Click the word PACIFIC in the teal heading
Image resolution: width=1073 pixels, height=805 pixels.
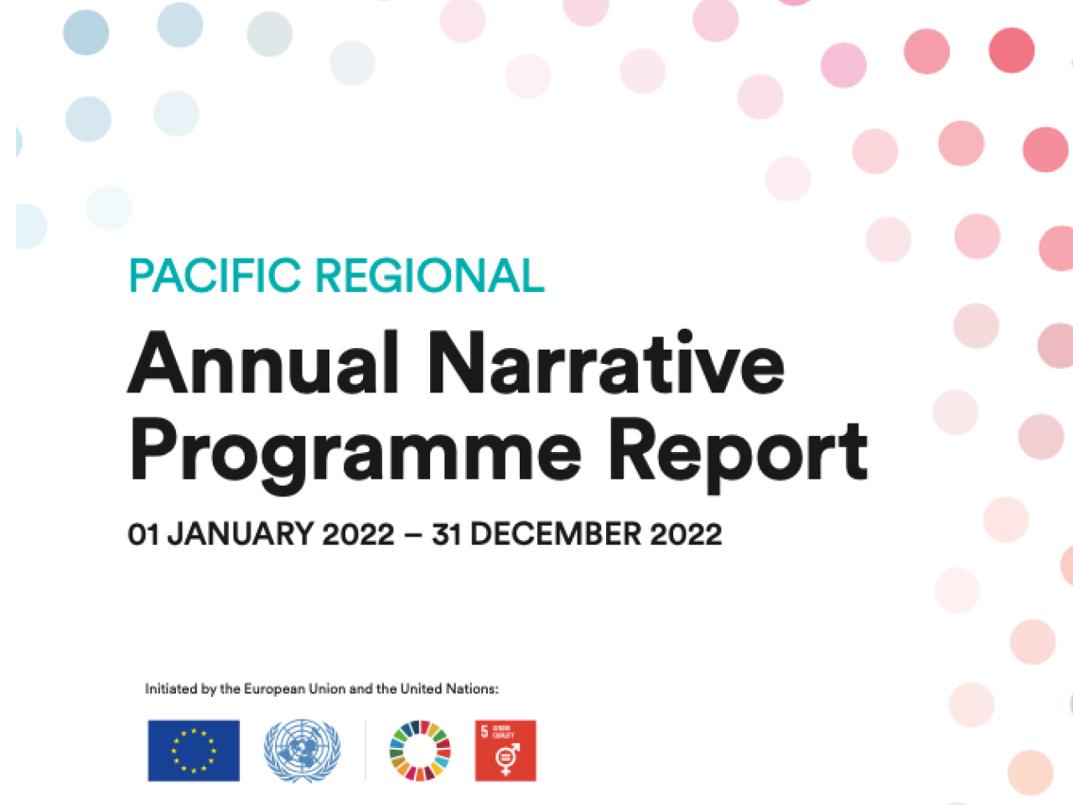click(215, 276)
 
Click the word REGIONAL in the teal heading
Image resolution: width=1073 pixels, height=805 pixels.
click(430, 276)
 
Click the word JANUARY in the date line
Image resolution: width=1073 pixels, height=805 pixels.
click(241, 534)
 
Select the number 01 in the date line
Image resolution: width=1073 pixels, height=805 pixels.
click(143, 534)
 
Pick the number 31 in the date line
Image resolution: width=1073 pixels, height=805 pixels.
click(447, 534)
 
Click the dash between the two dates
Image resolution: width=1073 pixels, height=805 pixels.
click(412, 535)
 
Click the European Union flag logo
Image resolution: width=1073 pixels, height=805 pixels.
click(194, 750)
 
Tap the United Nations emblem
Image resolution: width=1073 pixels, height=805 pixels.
click(302, 750)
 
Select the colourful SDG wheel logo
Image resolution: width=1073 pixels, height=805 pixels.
click(420, 750)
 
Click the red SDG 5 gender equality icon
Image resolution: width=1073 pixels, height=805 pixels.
click(505, 750)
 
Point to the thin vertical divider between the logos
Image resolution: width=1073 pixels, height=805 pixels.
click(365, 750)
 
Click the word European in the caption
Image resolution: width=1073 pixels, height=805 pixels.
click(274, 688)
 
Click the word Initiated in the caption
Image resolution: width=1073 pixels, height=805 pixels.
click(171, 688)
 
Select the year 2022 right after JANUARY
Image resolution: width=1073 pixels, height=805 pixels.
click(358, 534)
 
